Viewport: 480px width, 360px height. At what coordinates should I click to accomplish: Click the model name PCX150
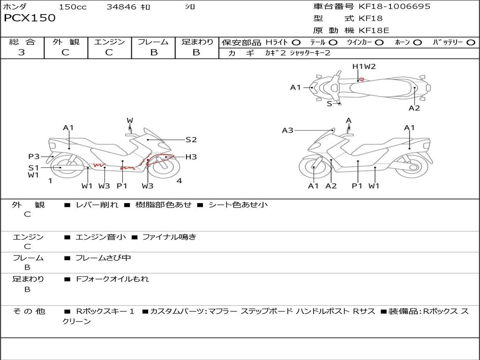tap(30, 18)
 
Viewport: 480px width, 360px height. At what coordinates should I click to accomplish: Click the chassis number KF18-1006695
tap(394, 7)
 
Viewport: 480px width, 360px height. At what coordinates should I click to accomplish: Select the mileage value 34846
tap(121, 7)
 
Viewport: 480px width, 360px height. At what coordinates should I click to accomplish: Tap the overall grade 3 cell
tap(22, 52)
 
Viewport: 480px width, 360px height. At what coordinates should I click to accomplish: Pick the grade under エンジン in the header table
tap(109, 52)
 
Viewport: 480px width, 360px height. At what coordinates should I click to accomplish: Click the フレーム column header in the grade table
tap(153, 42)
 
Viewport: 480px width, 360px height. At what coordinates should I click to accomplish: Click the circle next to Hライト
tap(296, 43)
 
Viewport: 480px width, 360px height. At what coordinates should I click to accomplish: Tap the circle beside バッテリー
tap(471, 43)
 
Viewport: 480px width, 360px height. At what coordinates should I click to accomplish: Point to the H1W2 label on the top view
tap(364, 67)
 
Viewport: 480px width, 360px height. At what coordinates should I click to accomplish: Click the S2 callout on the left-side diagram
tap(191, 140)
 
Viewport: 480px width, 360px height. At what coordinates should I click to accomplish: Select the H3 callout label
tap(191, 157)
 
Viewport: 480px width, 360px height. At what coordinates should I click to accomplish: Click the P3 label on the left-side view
tap(34, 157)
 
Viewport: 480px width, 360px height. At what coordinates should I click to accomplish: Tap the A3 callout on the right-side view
tap(287, 130)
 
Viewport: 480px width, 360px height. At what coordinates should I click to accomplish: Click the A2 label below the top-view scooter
tap(414, 108)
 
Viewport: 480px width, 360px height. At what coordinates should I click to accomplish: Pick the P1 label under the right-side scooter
tap(357, 186)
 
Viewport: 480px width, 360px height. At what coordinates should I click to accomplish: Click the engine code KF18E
tap(374, 30)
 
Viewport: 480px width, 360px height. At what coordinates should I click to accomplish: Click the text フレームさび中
tap(103, 258)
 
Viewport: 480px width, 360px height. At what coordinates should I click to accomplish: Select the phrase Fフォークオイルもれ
tap(112, 279)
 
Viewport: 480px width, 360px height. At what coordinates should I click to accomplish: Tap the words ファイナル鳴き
tap(169, 237)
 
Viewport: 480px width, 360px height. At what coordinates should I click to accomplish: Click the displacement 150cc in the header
tap(73, 7)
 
